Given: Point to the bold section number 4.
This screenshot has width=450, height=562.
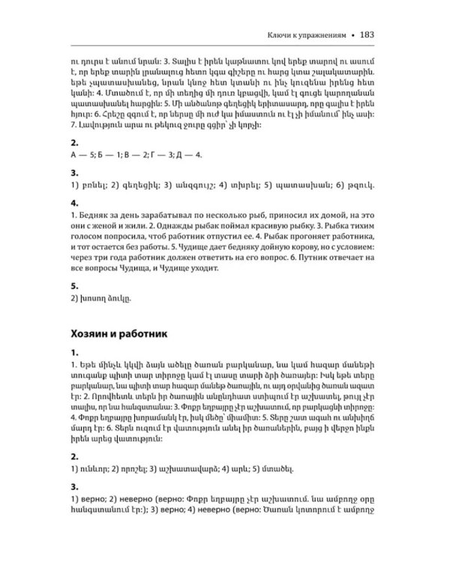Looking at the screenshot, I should click(73, 202).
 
